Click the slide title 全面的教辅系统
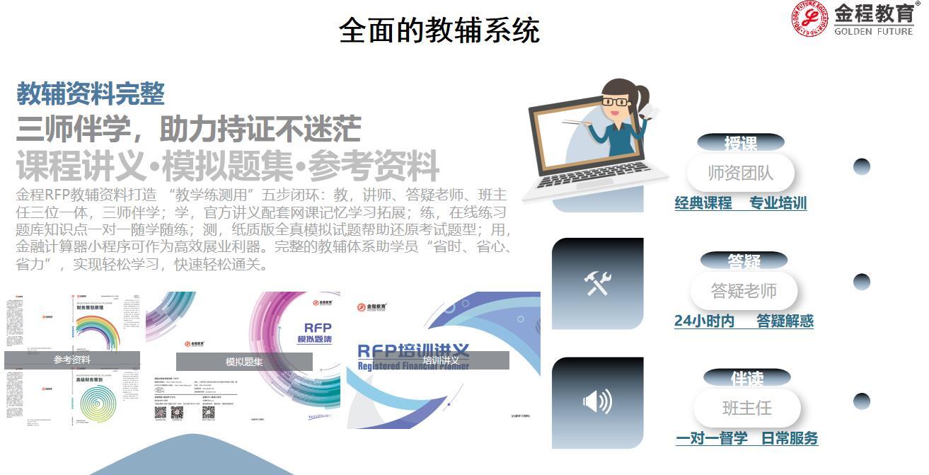[x=439, y=30]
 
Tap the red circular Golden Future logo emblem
[x=809, y=19]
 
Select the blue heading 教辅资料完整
[x=91, y=93]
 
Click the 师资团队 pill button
[x=740, y=173]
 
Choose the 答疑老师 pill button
[x=744, y=290]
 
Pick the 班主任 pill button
[x=746, y=408]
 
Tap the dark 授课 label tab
[x=740, y=143]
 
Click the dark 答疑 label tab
[x=744, y=261]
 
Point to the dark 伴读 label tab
[x=746, y=378]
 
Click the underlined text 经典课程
[x=703, y=203]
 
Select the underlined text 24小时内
[x=704, y=321]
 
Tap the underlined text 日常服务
[x=790, y=438]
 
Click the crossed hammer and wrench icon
[x=597, y=283]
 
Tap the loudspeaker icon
[x=597, y=402]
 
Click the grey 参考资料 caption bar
[x=72, y=360]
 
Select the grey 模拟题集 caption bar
[x=244, y=362]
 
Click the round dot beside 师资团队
[x=861, y=167]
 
